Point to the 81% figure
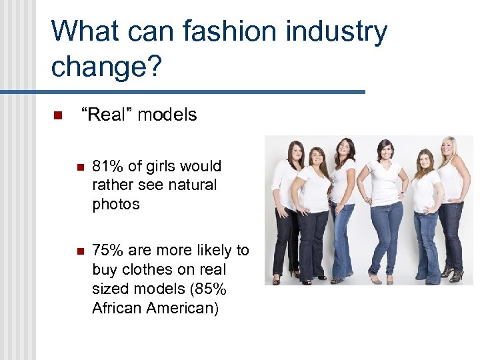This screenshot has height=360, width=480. coord(107,166)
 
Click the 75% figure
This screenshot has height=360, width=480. coord(107,251)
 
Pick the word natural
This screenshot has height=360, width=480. coord(193,185)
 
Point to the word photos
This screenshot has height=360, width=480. coord(116,205)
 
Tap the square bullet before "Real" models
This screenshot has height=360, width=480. coord(57,115)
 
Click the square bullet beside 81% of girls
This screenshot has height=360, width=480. coord(79,167)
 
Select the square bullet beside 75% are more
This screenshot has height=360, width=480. coord(79,251)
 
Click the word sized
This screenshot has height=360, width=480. coord(110,289)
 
